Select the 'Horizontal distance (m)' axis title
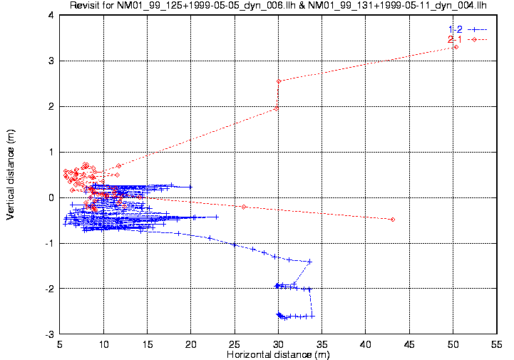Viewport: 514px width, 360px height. click(277, 354)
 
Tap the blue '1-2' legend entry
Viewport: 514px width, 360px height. click(455, 29)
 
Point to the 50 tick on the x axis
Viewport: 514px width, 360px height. click(453, 344)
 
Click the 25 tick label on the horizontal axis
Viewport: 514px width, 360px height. click(235, 344)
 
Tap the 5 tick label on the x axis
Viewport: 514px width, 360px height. click(60, 344)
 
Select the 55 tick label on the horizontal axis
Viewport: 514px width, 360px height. click(496, 344)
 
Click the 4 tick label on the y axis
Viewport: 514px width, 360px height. click(51, 15)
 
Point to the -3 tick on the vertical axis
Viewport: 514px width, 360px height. click(49, 334)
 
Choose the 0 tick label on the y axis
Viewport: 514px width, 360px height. click(51, 197)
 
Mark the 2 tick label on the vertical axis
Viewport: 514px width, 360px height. click(51, 106)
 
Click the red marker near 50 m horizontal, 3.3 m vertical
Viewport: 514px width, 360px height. click(456, 47)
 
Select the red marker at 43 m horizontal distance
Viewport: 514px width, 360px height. click(393, 220)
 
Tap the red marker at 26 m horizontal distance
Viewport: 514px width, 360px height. click(244, 207)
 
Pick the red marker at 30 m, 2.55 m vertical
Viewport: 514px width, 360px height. click(279, 81)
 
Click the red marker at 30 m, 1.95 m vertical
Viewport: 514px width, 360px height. click(277, 108)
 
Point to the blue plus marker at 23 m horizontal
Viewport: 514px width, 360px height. click(216, 216)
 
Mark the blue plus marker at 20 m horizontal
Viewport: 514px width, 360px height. click(190, 187)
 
